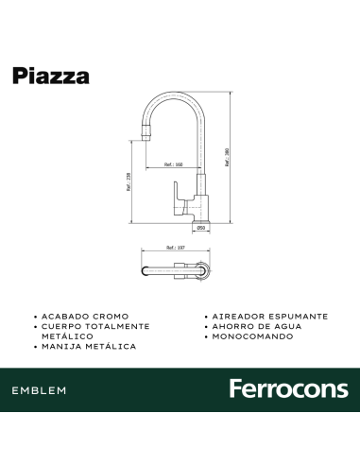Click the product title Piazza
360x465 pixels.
51,77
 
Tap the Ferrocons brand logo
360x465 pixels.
288,389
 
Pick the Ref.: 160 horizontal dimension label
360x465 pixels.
173,164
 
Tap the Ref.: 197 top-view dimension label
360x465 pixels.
172,250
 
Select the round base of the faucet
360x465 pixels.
200,219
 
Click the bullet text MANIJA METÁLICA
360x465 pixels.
88,347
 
